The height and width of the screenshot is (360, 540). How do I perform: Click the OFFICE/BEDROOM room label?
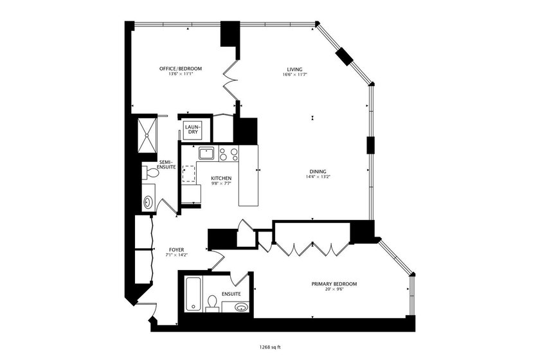pyautogui.click(x=181, y=69)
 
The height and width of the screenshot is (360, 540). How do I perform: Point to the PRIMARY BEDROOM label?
pyautogui.click(x=334, y=283)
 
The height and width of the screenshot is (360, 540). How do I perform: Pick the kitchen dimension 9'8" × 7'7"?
pyautogui.click(x=221, y=183)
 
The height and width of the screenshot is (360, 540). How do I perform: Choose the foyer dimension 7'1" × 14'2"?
pyautogui.click(x=176, y=255)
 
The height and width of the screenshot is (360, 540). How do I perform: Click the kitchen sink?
pyautogui.click(x=206, y=153)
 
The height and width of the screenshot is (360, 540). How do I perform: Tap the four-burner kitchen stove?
pyautogui.click(x=228, y=154)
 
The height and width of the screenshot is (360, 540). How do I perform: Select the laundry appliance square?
pyautogui.click(x=193, y=130)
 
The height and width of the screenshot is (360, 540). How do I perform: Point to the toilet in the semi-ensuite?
pyautogui.click(x=151, y=172)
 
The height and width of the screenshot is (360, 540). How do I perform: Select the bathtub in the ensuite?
pyautogui.click(x=193, y=294)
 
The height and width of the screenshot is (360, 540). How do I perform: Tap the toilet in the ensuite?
pyautogui.click(x=213, y=302)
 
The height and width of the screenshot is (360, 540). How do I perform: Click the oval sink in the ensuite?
pyautogui.click(x=241, y=307)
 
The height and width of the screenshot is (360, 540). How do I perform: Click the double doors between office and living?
pyautogui.click(x=231, y=82)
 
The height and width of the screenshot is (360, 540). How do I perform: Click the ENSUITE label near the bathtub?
pyautogui.click(x=231, y=294)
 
